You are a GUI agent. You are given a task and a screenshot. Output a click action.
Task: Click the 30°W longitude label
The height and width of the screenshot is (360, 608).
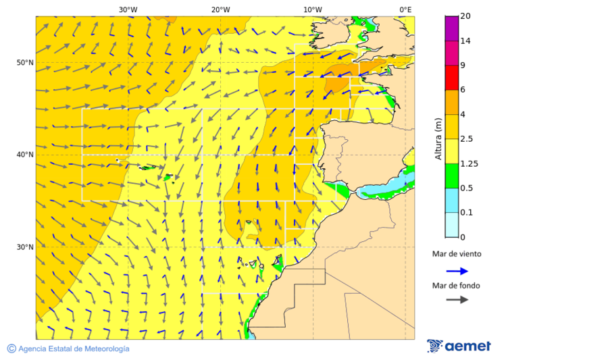pyautogui.click(x=128, y=9)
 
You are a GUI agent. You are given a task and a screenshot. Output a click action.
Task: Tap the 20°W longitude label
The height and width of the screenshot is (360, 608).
pyautogui.click(x=220, y=9)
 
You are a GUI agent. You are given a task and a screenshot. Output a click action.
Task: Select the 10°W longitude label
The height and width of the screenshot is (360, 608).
pyautogui.click(x=312, y=9)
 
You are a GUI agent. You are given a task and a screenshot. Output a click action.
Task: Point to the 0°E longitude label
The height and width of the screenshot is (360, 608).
pyautogui.click(x=405, y=9)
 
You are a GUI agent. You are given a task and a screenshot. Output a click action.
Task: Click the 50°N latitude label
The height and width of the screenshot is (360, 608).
pyautogui.click(x=25, y=63)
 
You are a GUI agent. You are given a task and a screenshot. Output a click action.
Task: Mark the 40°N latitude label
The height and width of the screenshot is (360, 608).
pyautogui.click(x=25, y=155)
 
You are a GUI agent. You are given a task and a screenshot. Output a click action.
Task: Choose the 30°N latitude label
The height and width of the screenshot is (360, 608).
pyautogui.click(x=25, y=247)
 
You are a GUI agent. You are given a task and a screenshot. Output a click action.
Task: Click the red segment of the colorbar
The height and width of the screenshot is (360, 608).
pyautogui.click(x=452, y=77)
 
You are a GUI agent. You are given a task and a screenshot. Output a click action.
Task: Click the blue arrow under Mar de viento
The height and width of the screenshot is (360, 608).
pyautogui.click(x=457, y=271)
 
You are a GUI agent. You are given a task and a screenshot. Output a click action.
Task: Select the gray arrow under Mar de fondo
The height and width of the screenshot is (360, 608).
pyautogui.click(x=457, y=299)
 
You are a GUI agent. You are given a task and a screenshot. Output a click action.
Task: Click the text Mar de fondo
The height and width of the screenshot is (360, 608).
pyautogui.click(x=456, y=286)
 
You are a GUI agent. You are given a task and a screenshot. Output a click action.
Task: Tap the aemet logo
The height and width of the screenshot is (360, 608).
pyautogui.click(x=459, y=346)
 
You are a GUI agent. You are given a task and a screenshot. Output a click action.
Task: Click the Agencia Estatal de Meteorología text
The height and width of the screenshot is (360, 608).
pyautogui.click(x=74, y=349)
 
